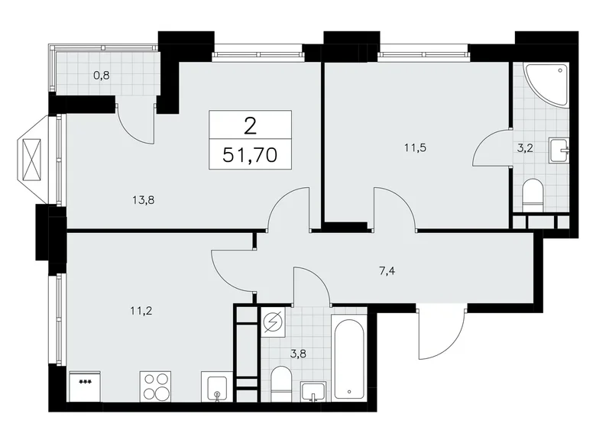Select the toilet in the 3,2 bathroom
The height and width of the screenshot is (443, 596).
[533, 196]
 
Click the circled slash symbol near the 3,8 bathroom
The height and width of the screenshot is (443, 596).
[273, 323]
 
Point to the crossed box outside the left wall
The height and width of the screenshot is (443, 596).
[33, 160]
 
